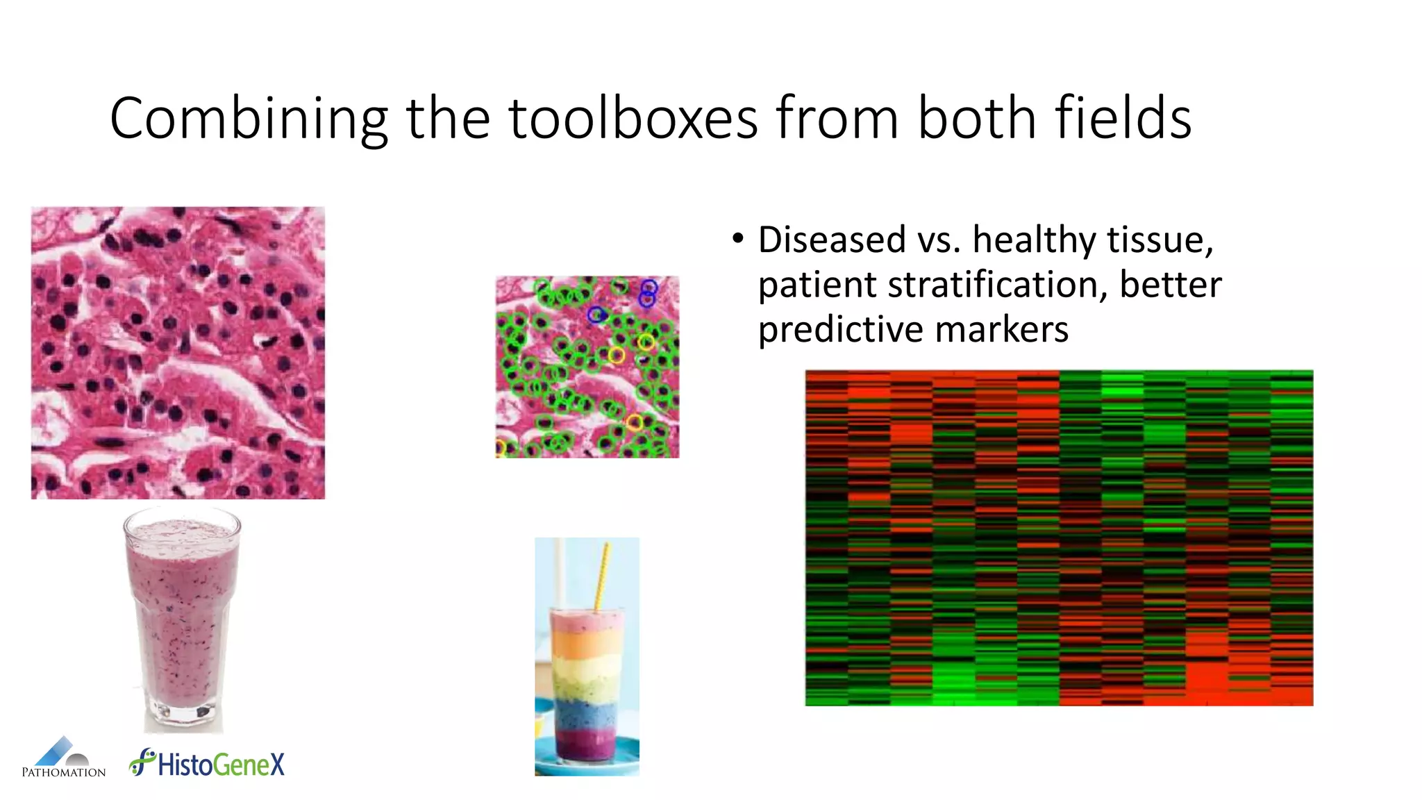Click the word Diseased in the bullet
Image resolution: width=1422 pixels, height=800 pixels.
831,240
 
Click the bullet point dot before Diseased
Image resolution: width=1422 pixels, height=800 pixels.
737,240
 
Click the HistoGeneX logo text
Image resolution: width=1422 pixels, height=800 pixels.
221,765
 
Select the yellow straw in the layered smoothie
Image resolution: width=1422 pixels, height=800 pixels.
601,576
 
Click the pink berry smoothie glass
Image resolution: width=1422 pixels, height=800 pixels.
182,618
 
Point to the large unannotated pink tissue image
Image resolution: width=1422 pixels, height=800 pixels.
178,353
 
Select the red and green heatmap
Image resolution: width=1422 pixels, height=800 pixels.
1059,538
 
